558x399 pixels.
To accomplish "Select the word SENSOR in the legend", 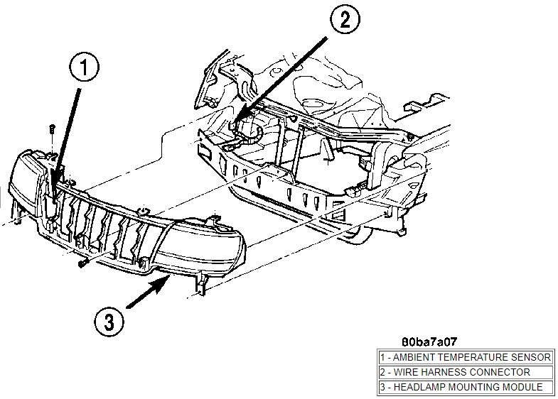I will [x=532, y=357].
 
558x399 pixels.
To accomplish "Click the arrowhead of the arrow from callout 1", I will [x=53, y=190].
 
